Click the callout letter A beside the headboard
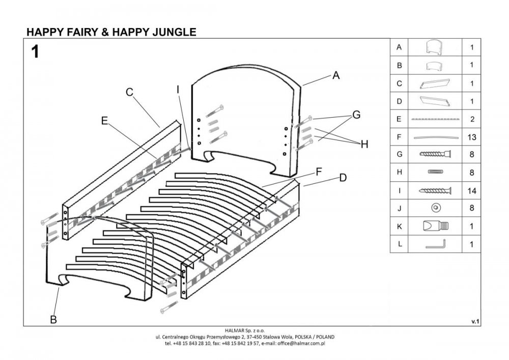pyautogui.click(x=335, y=75)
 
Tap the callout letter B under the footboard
pyautogui.click(x=52, y=320)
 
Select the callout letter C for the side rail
pyautogui.click(x=129, y=92)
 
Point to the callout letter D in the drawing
pyautogui.click(x=343, y=178)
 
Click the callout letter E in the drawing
pyautogui.click(x=104, y=121)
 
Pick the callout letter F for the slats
pyautogui.click(x=319, y=172)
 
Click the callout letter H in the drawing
pyautogui.click(x=364, y=145)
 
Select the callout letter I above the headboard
pyautogui.click(x=178, y=90)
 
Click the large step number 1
pyautogui.click(x=35, y=52)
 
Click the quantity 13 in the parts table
pyautogui.click(x=472, y=137)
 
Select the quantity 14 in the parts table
pyautogui.click(x=472, y=190)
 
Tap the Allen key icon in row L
pyautogui.click(x=436, y=244)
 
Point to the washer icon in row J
pyautogui.click(x=435, y=208)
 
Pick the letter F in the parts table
pyautogui.click(x=399, y=137)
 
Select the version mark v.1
pyautogui.click(x=476, y=321)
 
